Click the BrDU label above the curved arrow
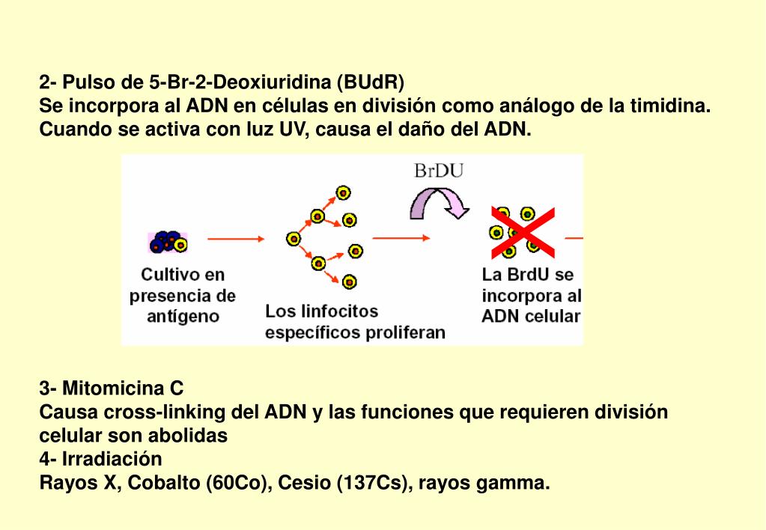(x=439, y=171)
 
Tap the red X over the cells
(x=523, y=231)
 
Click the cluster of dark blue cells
(x=168, y=241)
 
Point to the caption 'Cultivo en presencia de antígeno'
(x=183, y=295)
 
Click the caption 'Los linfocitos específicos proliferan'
(x=355, y=322)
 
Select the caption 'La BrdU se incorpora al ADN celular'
(x=531, y=295)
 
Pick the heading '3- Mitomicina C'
(x=112, y=389)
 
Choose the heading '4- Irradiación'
(x=100, y=458)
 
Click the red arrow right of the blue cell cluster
(x=236, y=239)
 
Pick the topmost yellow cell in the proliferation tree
(x=343, y=192)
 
